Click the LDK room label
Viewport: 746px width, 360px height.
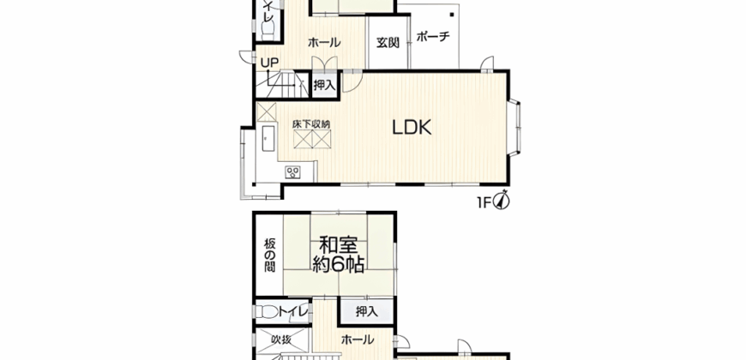coord(412,129)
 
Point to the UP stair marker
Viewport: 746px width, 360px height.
coord(269,63)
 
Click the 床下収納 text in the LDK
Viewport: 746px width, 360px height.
coord(310,125)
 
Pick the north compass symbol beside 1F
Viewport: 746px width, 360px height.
coord(502,202)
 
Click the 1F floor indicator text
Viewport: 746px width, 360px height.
coord(484,203)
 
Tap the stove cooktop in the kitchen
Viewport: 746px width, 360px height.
coord(293,172)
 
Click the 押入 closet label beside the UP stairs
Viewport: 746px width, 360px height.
coord(324,85)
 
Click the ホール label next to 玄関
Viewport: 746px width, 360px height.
coord(324,43)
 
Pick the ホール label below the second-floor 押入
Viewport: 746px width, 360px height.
coord(358,340)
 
